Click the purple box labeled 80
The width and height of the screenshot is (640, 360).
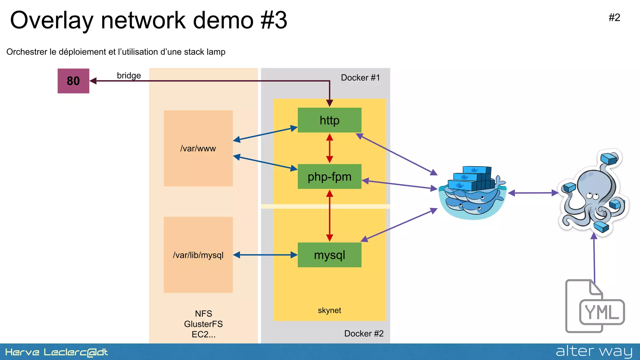(x=73, y=81)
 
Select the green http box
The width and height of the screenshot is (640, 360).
(x=329, y=120)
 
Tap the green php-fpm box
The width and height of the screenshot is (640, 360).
(x=329, y=177)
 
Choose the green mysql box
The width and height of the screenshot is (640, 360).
(x=329, y=255)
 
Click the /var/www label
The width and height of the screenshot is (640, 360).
(x=198, y=148)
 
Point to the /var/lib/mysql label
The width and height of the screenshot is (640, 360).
(x=198, y=255)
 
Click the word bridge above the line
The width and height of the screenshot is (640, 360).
(x=129, y=75)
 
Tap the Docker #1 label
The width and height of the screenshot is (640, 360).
(x=360, y=77)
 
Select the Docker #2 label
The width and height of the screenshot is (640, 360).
(x=364, y=333)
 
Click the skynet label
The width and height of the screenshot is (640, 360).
(x=329, y=310)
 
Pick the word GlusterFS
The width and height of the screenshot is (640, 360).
(x=203, y=324)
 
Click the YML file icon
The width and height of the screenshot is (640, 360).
(x=594, y=307)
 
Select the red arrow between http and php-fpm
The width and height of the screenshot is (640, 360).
(x=329, y=148)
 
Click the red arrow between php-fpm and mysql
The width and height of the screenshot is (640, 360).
(x=329, y=216)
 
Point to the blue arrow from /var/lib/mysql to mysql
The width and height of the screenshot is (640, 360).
(x=265, y=255)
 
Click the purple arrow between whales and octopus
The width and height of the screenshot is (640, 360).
(x=533, y=193)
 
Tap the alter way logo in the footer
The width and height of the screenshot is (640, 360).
(x=594, y=352)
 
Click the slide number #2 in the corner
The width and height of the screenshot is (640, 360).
(x=614, y=17)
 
